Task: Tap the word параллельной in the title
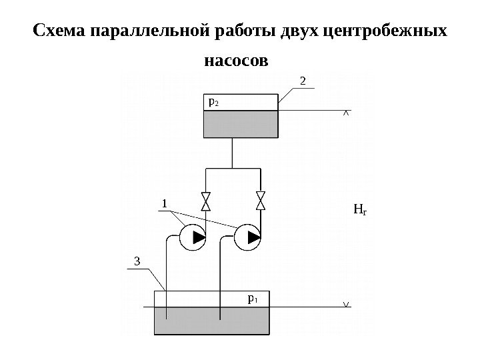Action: tap(147, 31)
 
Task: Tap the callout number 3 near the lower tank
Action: tap(138, 261)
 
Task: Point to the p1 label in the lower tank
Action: tap(253, 299)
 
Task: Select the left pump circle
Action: tap(192, 237)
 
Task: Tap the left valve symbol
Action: tap(205, 201)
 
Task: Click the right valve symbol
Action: tap(261, 201)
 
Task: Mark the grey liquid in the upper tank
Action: tap(240, 124)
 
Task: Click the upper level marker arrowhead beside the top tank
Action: tap(345, 113)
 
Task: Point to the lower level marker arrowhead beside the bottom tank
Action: tap(345, 305)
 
